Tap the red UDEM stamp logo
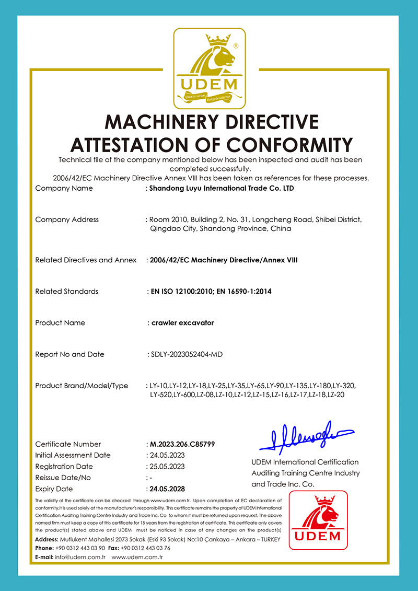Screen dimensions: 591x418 point(318,520)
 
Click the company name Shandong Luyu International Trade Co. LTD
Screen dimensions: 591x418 point(222,188)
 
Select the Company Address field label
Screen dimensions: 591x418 point(67,219)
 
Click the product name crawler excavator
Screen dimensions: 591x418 point(181,323)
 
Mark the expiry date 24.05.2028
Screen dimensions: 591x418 point(167,489)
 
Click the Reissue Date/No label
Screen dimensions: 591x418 point(63,478)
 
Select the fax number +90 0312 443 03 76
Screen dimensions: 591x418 point(145,548)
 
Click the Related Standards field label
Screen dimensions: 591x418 point(66,291)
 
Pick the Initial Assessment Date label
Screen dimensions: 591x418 point(73,455)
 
